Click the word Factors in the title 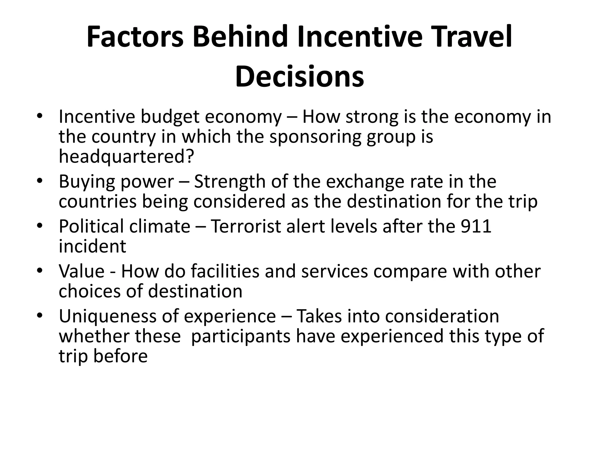[x=135, y=37]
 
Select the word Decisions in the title [x=299, y=77]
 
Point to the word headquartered [x=126, y=156]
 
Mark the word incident [x=92, y=246]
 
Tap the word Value [x=82, y=271]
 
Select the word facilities [x=225, y=271]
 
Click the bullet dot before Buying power [x=40, y=180]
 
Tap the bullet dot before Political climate [x=40, y=225]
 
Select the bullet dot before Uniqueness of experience [x=40, y=315]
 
